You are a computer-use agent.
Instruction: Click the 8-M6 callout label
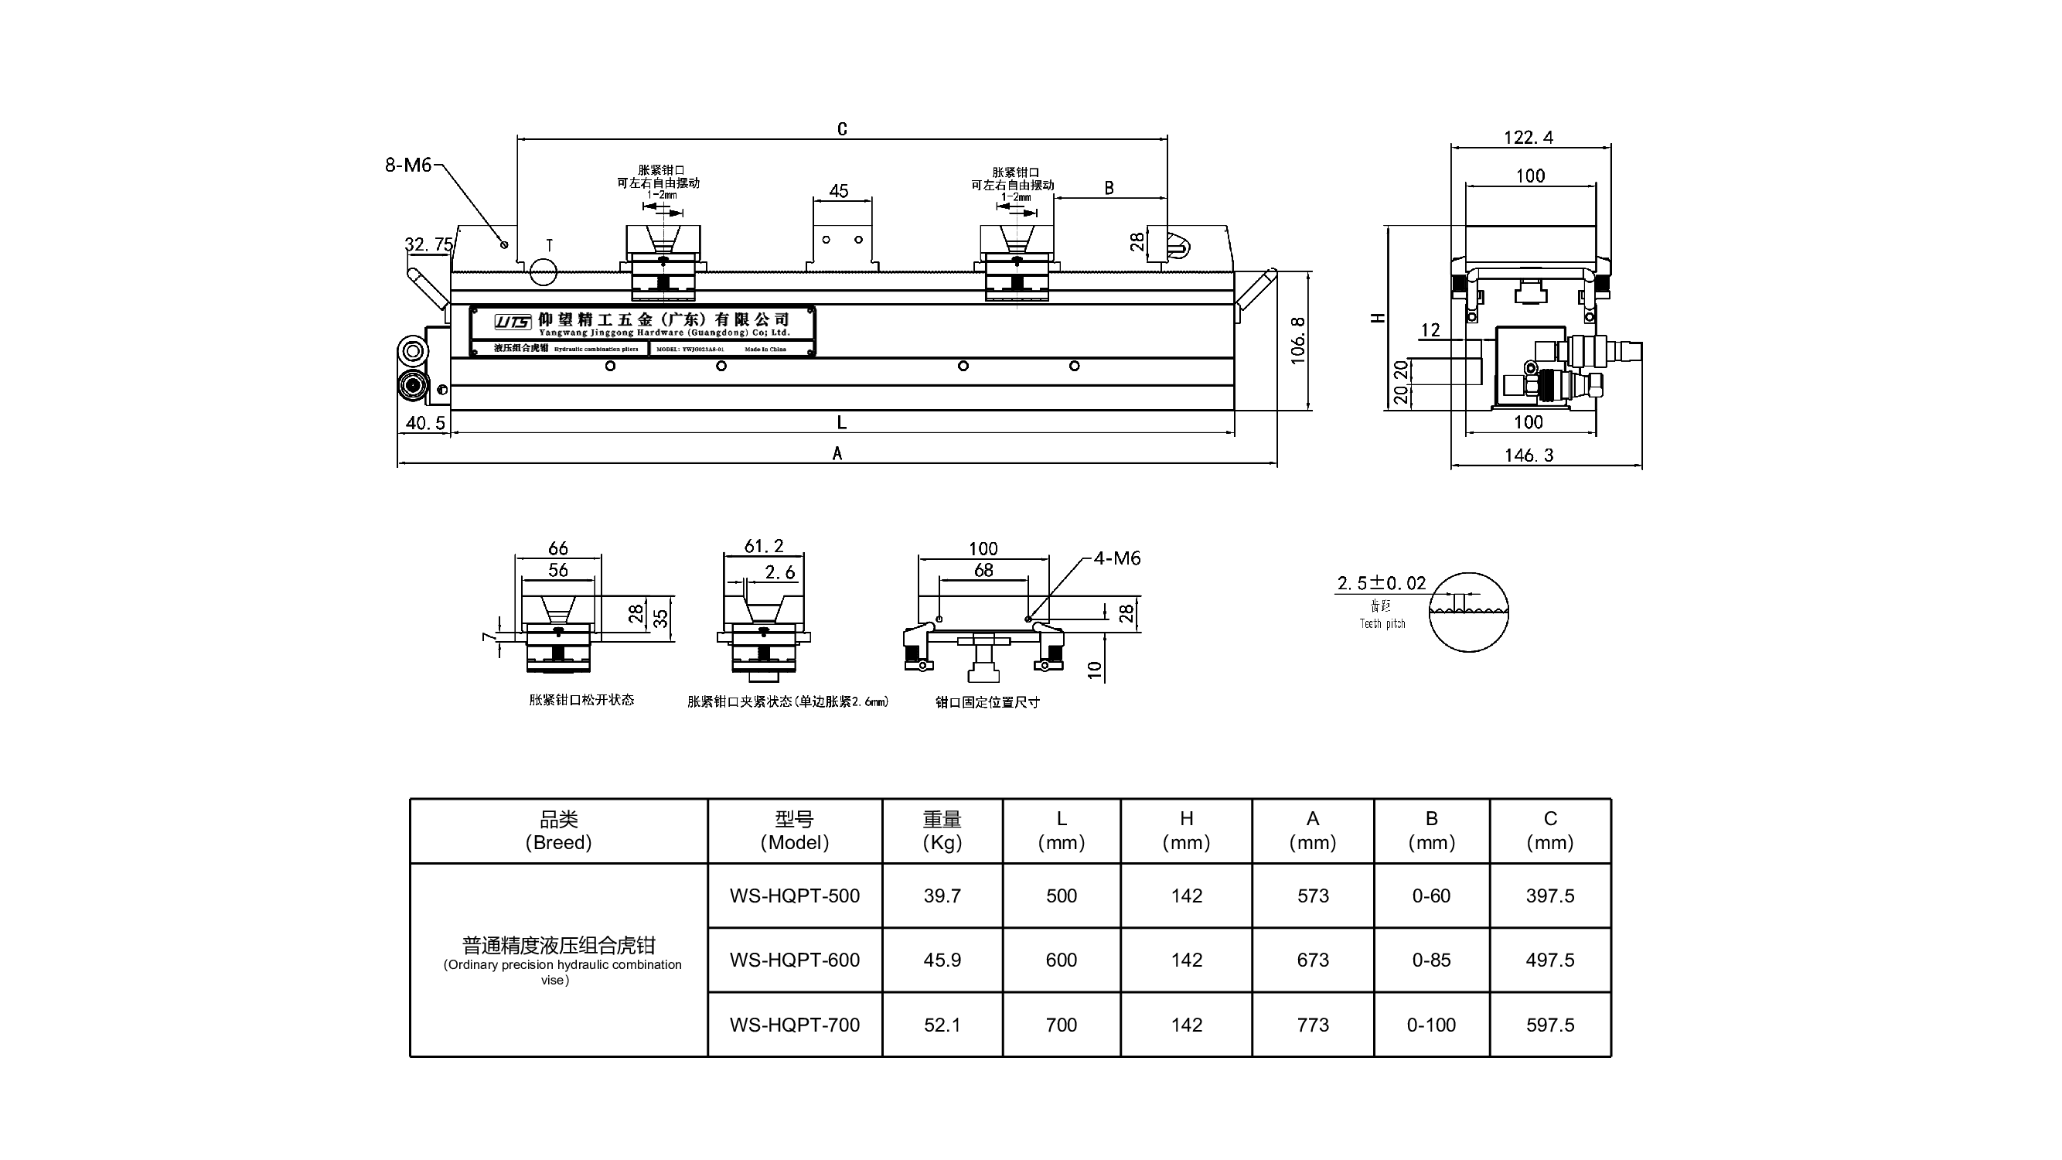click(x=408, y=165)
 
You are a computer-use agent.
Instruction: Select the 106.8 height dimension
click(x=1298, y=340)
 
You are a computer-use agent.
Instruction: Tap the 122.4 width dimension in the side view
click(x=1528, y=138)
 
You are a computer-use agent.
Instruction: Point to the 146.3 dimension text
click(x=1529, y=455)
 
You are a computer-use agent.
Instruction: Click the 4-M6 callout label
click(x=1116, y=558)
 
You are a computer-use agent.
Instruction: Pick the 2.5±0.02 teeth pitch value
click(x=1382, y=583)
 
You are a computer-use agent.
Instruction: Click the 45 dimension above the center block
click(x=839, y=190)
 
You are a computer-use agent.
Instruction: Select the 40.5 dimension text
click(x=425, y=423)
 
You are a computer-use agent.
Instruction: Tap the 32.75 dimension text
click(x=429, y=244)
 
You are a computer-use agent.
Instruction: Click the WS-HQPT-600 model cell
click(x=794, y=960)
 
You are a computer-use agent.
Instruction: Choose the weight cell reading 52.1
click(x=942, y=1025)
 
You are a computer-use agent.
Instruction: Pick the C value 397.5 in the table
click(x=1549, y=896)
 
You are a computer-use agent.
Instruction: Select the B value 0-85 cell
click(x=1431, y=960)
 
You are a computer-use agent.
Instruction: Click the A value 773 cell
click(x=1313, y=1025)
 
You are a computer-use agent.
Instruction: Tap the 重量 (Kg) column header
click(x=942, y=830)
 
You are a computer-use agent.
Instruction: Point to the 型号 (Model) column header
click(x=794, y=830)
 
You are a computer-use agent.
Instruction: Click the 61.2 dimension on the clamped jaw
click(x=764, y=546)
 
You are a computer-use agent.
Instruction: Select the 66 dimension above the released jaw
click(x=558, y=548)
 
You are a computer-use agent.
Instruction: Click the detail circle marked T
click(x=544, y=271)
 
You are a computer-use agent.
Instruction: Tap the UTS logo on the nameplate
click(x=513, y=322)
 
